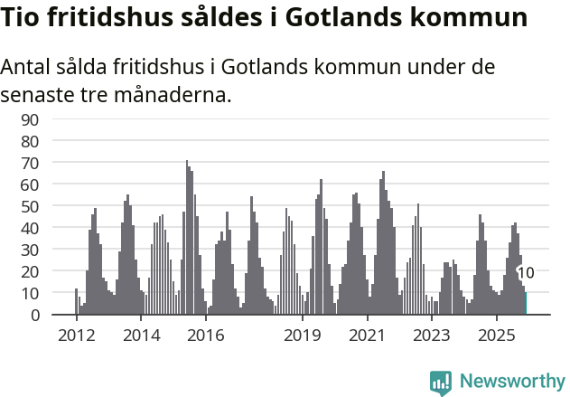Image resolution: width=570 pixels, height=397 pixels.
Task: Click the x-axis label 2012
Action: coord(76,336)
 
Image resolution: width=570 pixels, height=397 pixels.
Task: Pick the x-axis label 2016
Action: coord(206,336)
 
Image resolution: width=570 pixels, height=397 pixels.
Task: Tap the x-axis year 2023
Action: coord(432,336)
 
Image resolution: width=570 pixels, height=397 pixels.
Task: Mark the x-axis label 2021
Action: coord(368,336)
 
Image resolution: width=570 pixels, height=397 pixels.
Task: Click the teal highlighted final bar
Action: coord(526,304)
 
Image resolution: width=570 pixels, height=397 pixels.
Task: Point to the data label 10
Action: coord(526,272)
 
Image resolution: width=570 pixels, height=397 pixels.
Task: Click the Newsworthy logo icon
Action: coord(441,382)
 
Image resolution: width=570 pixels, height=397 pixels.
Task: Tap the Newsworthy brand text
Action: coord(512,382)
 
